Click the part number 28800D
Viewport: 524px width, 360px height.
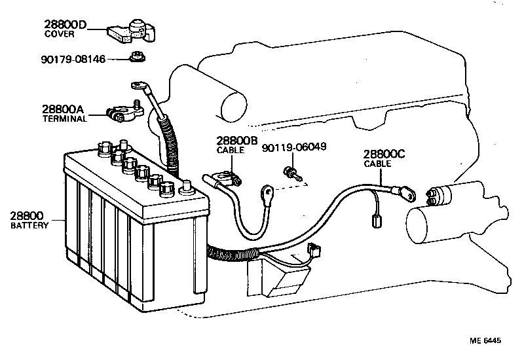[x=65, y=24]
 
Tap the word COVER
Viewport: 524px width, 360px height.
[x=59, y=34]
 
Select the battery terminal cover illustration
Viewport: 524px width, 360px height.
[x=132, y=31]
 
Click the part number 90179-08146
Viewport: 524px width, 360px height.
[x=73, y=60]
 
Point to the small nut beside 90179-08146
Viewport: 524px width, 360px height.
[x=137, y=57]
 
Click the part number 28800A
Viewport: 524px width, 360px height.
[x=63, y=109]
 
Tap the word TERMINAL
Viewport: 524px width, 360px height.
[x=65, y=118]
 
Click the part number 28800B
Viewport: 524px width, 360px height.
[x=237, y=141]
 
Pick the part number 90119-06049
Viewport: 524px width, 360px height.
[x=294, y=147]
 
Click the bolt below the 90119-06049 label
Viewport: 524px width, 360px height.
[x=293, y=174]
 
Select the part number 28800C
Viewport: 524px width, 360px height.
[x=384, y=154]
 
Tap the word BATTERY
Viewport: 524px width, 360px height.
[x=29, y=225]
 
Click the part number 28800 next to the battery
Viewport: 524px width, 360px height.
[x=27, y=216]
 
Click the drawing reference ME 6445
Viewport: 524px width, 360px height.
[x=485, y=340]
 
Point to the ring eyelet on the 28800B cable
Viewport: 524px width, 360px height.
[x=268, y=192]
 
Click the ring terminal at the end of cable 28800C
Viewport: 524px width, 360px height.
[x=408, y=194]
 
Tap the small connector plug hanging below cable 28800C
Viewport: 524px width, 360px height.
[x=377, y=221]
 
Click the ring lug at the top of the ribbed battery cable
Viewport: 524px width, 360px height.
[x=138, y=86]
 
